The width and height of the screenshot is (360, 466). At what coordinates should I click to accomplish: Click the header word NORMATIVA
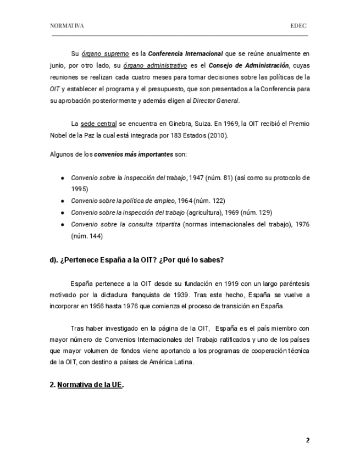(x=67, y=26)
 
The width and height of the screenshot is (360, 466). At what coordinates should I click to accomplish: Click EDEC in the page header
(x=299, y=26)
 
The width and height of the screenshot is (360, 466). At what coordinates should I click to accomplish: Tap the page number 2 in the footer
(x=308, y=440)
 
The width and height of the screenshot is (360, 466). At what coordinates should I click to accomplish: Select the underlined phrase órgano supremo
(x=106, y=54)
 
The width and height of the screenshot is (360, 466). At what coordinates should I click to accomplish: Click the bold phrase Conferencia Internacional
(x=185, y=54)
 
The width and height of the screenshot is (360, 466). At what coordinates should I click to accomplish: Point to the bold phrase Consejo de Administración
(x=257, y=65)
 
